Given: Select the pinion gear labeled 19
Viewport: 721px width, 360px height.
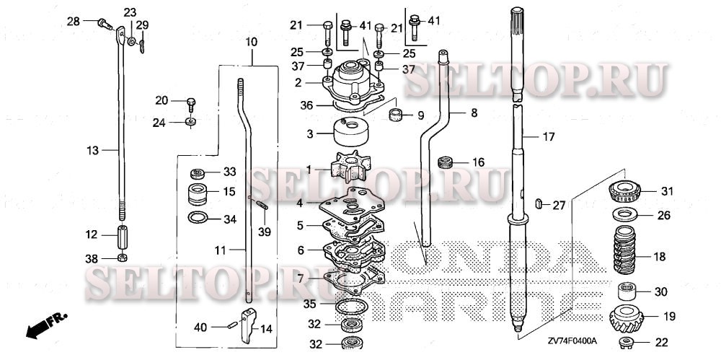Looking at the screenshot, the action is click(626, 317).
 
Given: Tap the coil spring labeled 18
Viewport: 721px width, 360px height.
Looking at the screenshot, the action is click(624, 250).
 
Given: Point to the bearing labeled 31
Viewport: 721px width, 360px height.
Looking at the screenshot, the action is click(624, 191).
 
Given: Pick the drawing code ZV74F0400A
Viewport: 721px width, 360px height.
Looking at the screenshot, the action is click(572, 341).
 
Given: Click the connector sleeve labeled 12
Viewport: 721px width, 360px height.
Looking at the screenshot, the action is click(123, 235).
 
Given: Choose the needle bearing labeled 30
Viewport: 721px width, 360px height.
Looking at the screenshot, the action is click(626, 292).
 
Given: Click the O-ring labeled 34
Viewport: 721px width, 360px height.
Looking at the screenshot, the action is click(198, 217).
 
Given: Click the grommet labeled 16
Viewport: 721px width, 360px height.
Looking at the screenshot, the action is click(445, 162).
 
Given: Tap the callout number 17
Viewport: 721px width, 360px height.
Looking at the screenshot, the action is click(549, 137).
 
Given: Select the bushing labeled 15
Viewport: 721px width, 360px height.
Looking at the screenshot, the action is click(198, 193).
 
